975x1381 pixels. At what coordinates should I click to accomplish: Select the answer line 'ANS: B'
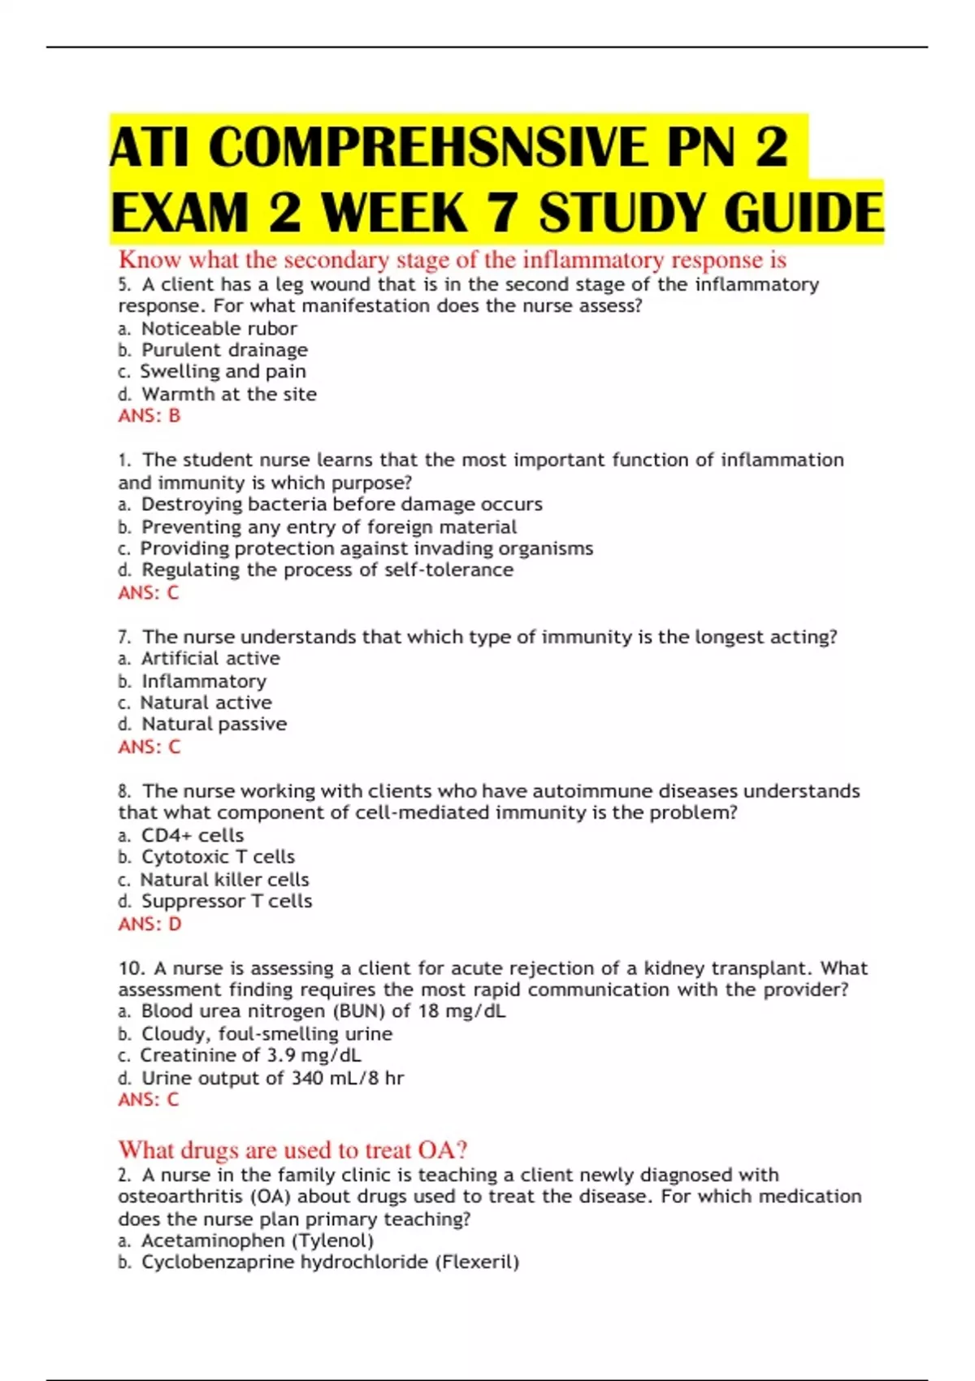(x=149, y=416)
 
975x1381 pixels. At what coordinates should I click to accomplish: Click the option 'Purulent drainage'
(x=224, y=350)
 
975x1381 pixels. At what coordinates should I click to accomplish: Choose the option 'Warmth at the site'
(x=229, y=394)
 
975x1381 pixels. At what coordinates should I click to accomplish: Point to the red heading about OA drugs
(x=292, y=1150)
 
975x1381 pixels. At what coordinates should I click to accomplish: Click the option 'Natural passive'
(x=214, y=724)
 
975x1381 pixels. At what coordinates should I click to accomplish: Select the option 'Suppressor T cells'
(x=227, y=901)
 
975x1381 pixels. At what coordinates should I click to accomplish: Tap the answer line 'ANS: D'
(x=149, y=924)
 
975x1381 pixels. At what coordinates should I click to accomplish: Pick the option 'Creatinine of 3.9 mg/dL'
(x=250, y=1055)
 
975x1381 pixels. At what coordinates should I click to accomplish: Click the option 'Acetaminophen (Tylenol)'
(x=258, y=1240)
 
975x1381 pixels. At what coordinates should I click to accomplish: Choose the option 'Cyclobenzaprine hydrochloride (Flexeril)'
(x=330, y=1262)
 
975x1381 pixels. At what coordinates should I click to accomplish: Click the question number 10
(x=131, y=968)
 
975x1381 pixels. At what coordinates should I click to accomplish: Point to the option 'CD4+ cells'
(x=193, y=835)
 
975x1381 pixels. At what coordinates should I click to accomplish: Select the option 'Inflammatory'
(x=204, y=681)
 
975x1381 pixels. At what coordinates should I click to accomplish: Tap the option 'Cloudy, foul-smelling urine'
(x=266, y=1034)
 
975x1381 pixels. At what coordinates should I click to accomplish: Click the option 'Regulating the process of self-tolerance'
(x=327, y=570)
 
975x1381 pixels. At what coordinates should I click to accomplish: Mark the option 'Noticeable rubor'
(x=219, y=328)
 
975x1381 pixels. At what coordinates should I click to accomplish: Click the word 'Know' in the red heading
(x=150, y=260)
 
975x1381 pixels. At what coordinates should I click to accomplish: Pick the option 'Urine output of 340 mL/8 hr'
(x=272, y=1078)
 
